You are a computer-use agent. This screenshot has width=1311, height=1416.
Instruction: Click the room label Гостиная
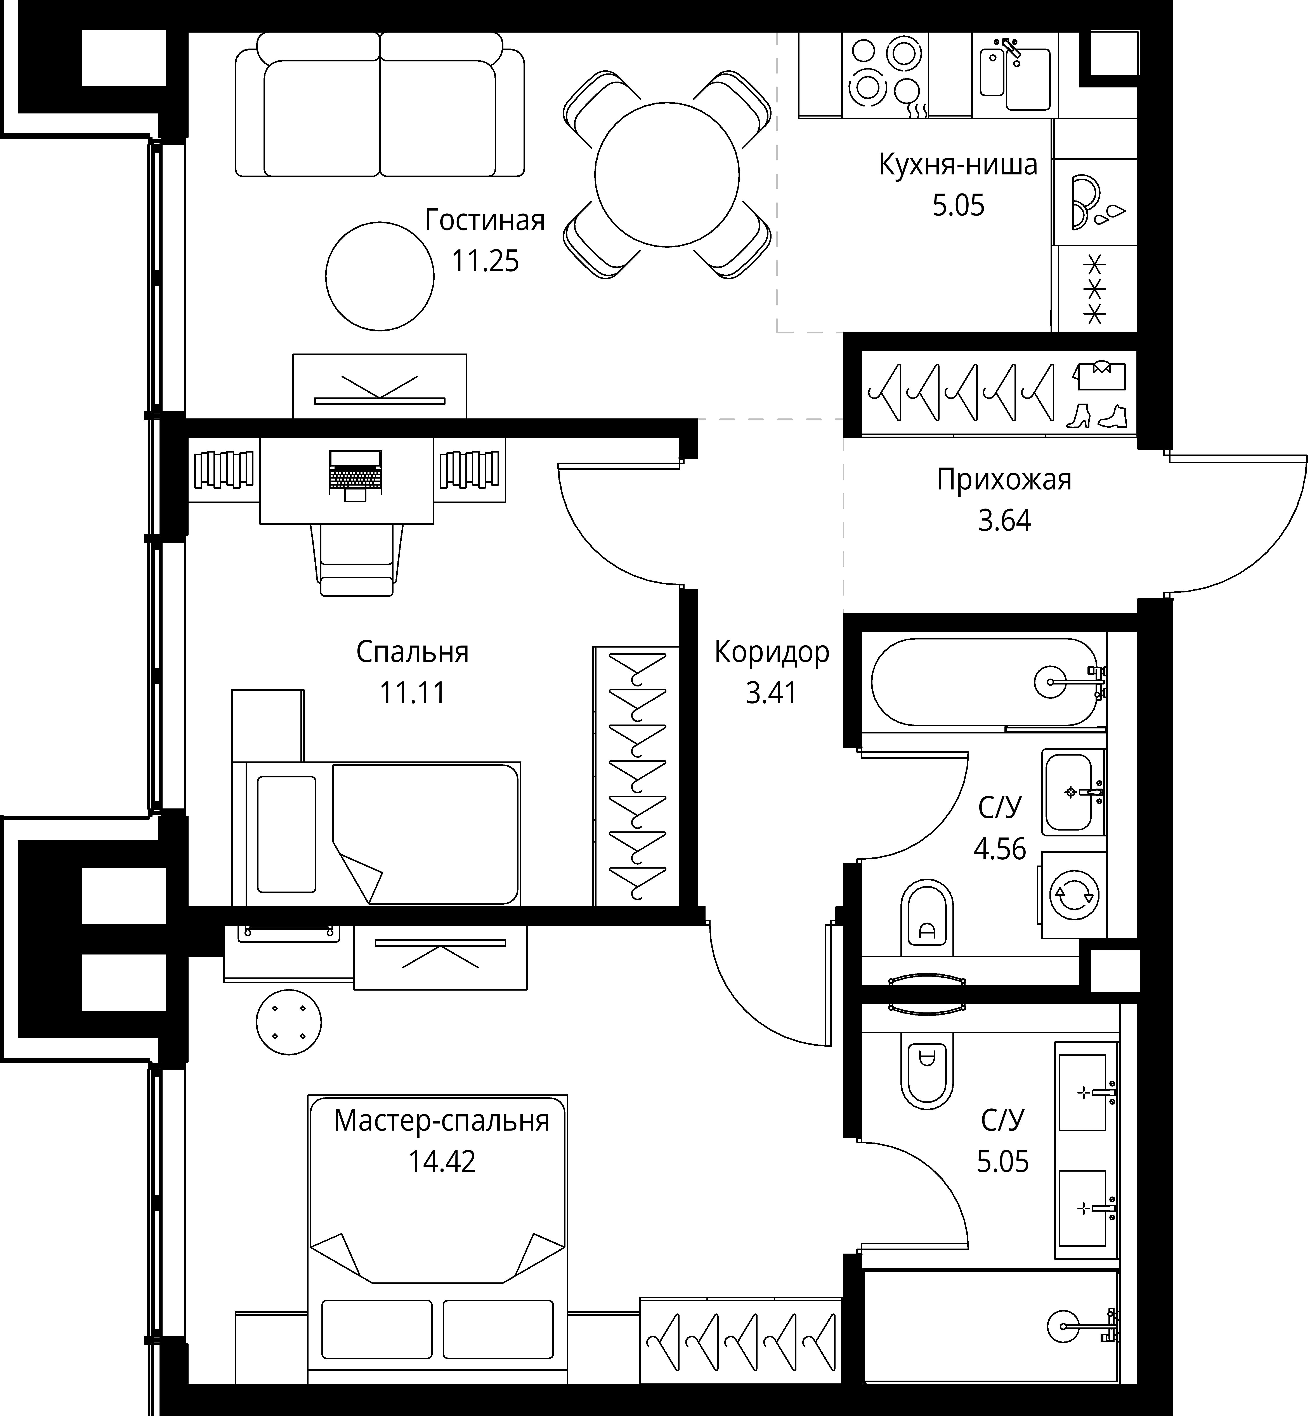coord(485,221)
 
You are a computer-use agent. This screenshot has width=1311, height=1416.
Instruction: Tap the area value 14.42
coord(442,1162)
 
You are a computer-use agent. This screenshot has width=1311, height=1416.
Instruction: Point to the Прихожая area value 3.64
coord(1004,521)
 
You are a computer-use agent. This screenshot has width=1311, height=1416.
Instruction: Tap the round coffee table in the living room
coord(380,276)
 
